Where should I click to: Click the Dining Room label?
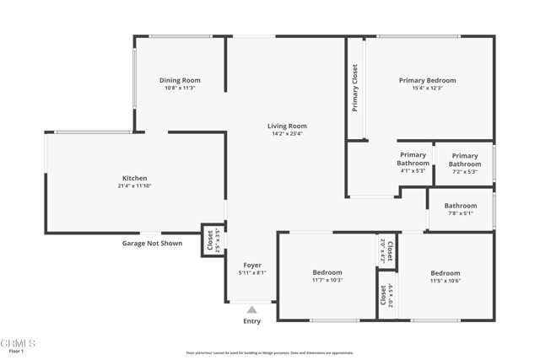click(180, 80)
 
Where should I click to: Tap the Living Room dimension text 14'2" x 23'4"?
click(287, 133)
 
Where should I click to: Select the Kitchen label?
click(135, 178)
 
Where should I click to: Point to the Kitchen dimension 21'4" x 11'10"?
click(135, 186)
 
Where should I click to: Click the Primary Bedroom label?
click(427, 80)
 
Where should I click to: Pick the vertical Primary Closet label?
click(355, 89)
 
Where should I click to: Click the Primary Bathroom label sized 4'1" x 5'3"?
click(413, 159)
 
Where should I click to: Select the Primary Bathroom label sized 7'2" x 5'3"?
click(464, 159)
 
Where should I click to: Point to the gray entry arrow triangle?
click(251, 309)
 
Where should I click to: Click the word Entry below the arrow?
click(251, 321)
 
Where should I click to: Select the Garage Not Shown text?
click(152, 243)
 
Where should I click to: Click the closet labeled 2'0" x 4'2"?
click(386, 250)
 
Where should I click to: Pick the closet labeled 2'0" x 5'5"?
click(386, 295)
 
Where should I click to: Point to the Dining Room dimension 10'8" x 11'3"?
click(180, 88)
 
